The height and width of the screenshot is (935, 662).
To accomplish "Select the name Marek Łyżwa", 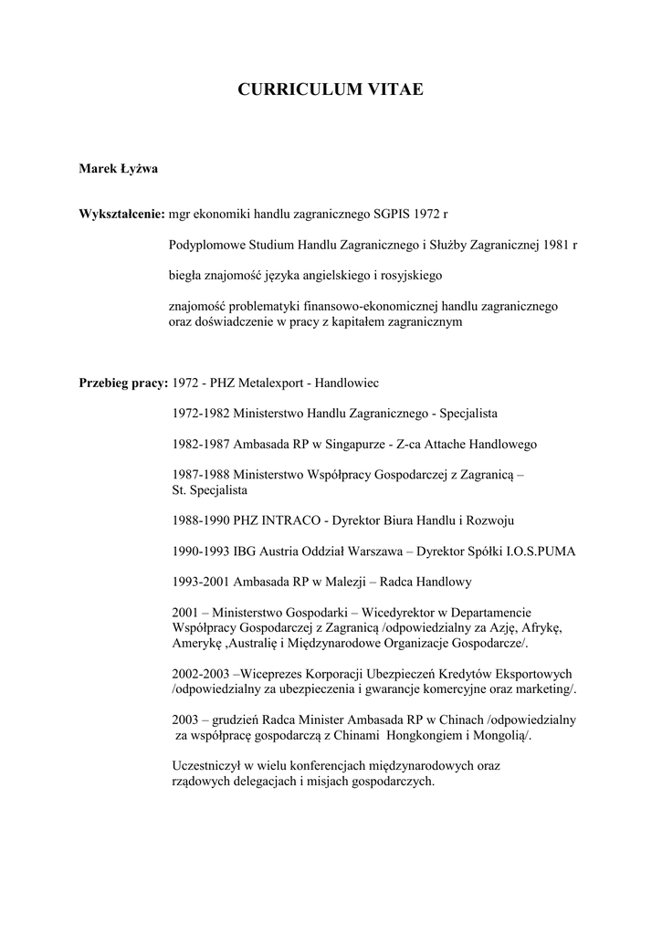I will tap(118, 167).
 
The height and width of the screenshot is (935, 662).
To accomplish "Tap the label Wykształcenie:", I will tap(121, 214).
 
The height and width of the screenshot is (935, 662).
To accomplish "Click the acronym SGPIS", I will tap(392, 214).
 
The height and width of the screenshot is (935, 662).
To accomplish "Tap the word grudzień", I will tap(240, 720).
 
